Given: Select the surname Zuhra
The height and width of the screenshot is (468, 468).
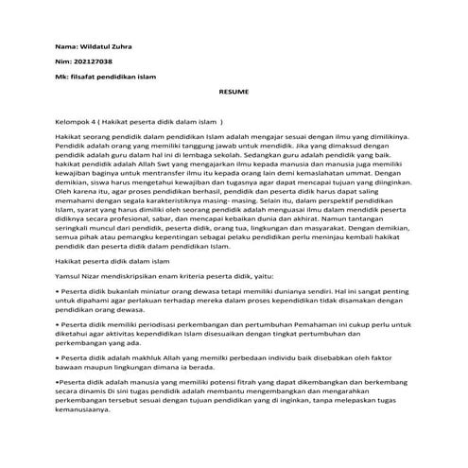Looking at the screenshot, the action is (128, 44).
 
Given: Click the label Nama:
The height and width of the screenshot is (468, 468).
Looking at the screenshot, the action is (66, 44).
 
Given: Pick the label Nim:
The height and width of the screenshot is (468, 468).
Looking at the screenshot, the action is (63, 60).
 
